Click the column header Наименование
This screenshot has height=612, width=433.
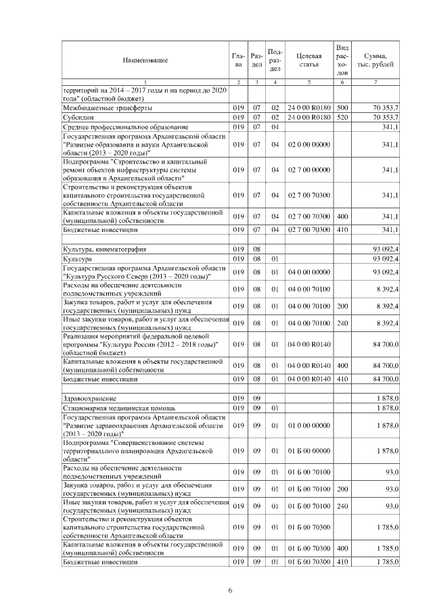pyautogui.click(x=145, y=60)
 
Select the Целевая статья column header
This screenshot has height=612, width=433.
pyautogui.click(x=308, y=60)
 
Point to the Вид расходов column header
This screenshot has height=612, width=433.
pyautogui.click(x=342, y=60)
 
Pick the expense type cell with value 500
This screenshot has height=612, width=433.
pyautogui.click(x=342, y=108)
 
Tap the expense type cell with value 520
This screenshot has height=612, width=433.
pyautogui.click(x=342, y=117)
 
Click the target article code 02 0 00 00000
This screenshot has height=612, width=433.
pyautogui.click(x=308, y=145)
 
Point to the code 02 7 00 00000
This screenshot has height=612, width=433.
pyautogui.click(x=308, y=170)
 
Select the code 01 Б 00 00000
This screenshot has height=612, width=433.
pyautogui.click(x=308, y=450)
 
